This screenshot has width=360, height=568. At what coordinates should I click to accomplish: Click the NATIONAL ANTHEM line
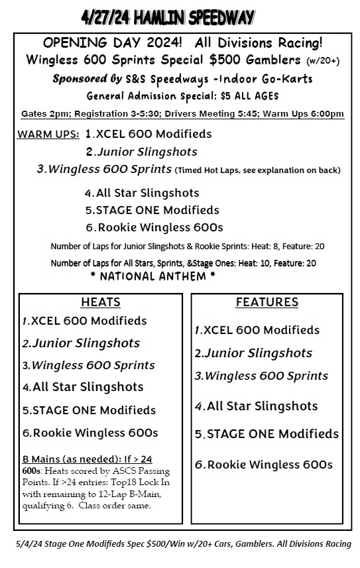pos(152,276)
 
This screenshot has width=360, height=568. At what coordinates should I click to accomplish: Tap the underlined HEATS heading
pos(101,303)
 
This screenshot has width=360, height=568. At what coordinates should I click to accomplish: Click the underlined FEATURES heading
pos(267,303)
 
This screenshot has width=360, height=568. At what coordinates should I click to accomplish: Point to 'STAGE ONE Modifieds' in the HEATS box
pos(93,410)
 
